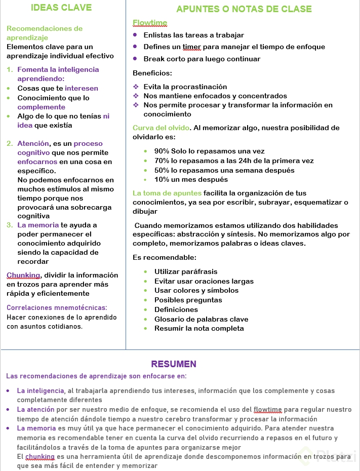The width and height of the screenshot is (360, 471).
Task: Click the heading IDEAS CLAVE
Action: coord(61,8)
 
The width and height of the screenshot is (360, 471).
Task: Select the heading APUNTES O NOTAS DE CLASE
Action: coord(244,9)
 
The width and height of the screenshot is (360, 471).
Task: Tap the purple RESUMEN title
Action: coord(174,364)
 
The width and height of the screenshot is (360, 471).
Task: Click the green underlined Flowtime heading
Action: coord(149,23)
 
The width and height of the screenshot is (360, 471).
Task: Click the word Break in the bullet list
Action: coord(154,59)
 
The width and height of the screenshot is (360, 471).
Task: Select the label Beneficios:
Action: coord(152,73)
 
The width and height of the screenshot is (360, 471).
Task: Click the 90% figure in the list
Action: coord(162,151)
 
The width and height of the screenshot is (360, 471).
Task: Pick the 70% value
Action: coord(162,161)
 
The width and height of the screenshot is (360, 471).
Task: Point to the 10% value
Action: coord(162,179)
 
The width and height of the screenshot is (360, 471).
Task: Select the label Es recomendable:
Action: coord(165,257)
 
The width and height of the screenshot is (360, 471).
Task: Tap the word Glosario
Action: coord(170,319)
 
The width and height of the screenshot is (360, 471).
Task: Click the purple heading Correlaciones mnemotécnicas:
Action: coord(57,307)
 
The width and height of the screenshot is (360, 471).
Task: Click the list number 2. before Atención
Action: coord(10,143)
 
